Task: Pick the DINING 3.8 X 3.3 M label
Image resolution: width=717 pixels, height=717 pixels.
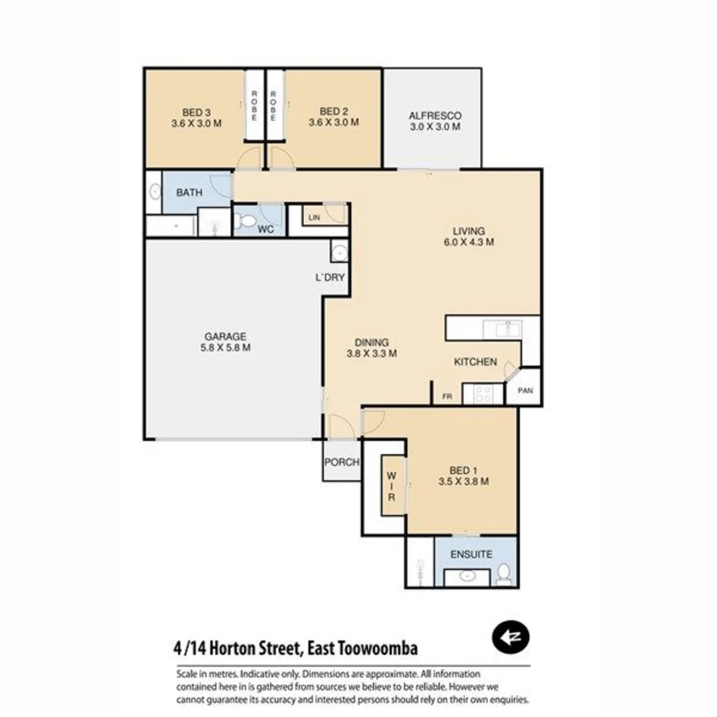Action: (372, 348)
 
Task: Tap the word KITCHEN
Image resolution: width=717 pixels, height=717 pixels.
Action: (475, 362)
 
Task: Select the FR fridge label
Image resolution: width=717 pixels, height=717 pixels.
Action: (447, 398)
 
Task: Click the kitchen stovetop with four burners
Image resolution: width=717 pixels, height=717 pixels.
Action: (483, 394)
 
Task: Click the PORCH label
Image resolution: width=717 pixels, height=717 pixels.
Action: (341, 462)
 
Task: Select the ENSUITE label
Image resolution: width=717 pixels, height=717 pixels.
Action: (471, 554)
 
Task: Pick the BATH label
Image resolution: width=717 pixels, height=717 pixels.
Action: (189, 193)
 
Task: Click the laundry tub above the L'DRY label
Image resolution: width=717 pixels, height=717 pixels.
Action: (338, 252)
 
